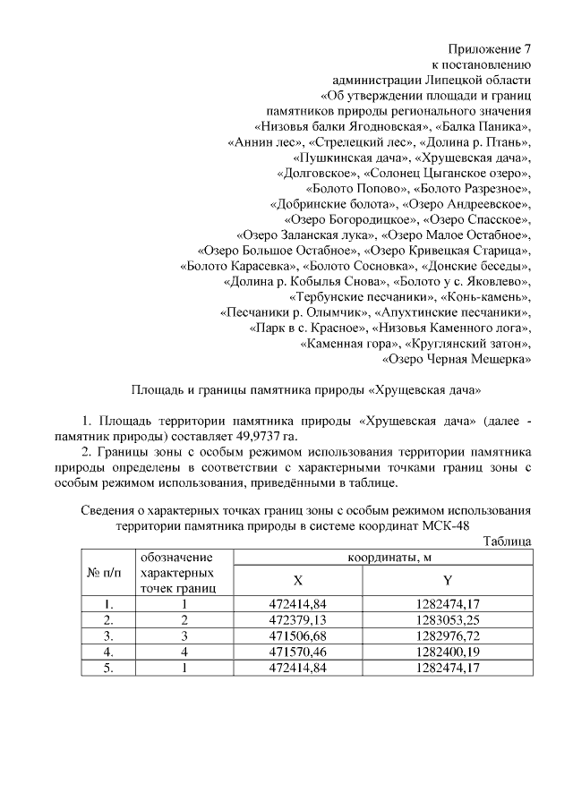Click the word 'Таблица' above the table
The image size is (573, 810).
point(508,541)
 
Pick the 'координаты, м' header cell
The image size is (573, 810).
point(383,558)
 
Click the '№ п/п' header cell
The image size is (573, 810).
point(107,573)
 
